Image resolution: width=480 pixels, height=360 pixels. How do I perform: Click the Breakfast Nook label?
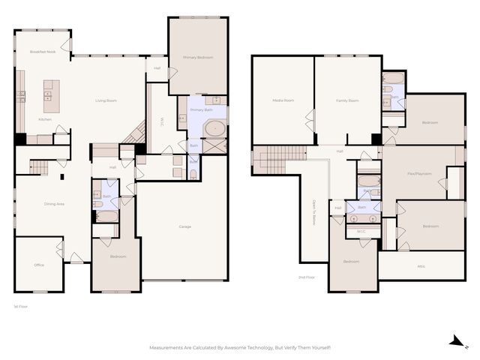[43, 52]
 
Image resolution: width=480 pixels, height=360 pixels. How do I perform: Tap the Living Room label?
[106, 100]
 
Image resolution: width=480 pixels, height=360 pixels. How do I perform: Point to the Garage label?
[184, 226]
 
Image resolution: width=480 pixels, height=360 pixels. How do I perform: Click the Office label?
[39, 265]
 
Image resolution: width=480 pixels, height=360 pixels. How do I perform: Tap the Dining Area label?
[55, 203]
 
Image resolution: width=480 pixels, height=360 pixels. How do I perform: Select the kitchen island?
[52, 91]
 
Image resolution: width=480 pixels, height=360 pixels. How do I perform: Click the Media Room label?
[283, 100]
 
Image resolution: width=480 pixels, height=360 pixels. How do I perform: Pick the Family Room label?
[346, 100]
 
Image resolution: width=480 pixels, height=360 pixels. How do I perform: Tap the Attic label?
[421, 265]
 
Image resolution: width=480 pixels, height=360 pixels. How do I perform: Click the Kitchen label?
[45, 119]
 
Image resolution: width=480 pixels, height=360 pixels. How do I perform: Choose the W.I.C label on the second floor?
[361, 231]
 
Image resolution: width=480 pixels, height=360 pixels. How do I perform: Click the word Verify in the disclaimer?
[292, 348]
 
